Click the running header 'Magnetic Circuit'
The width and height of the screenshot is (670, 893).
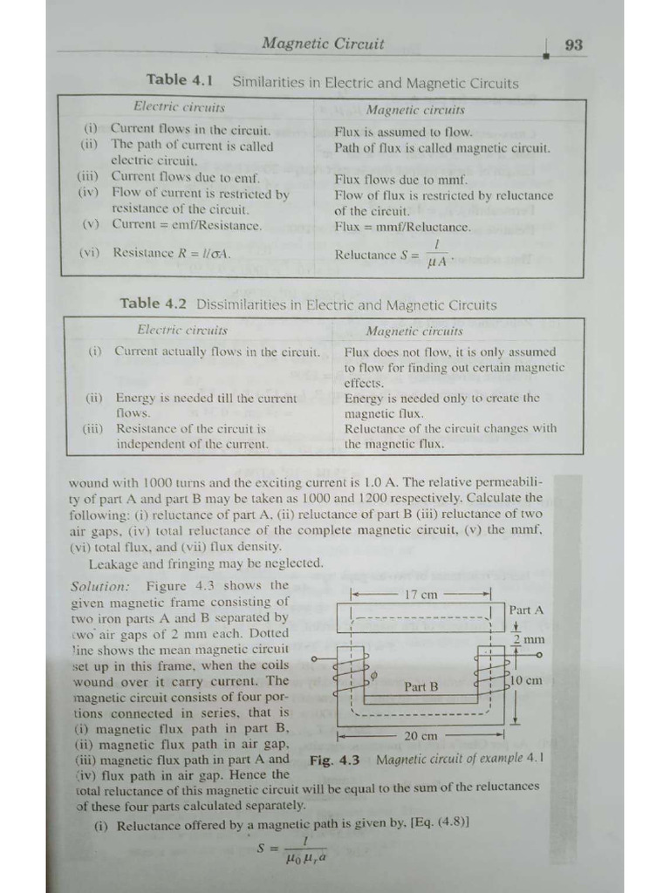[323, 43]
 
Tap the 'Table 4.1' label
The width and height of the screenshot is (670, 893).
[180, 80]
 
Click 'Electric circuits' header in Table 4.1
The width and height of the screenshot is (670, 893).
[179, 107]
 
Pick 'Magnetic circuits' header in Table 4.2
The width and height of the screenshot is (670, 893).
[414, 331]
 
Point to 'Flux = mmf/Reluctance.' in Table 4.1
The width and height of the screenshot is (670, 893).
[402, 227]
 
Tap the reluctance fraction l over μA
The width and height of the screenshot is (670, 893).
[434, 255]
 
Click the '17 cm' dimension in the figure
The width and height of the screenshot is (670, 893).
[421, 595]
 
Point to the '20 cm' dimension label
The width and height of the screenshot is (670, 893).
[421, 736]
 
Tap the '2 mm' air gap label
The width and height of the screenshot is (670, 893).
[528, 640]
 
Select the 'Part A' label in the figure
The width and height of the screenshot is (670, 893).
[526, 610]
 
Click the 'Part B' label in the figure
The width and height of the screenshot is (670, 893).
[420, 686]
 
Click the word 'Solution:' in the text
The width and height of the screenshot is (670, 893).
[101, 585]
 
